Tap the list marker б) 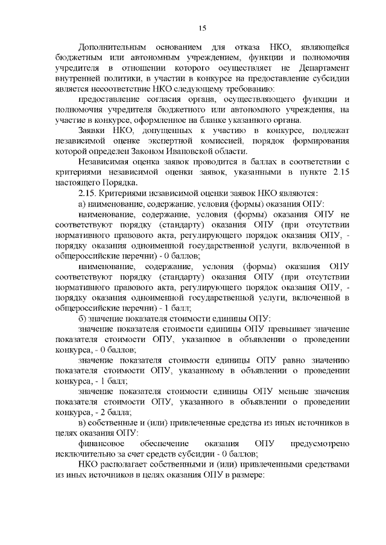coord(83,317)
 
